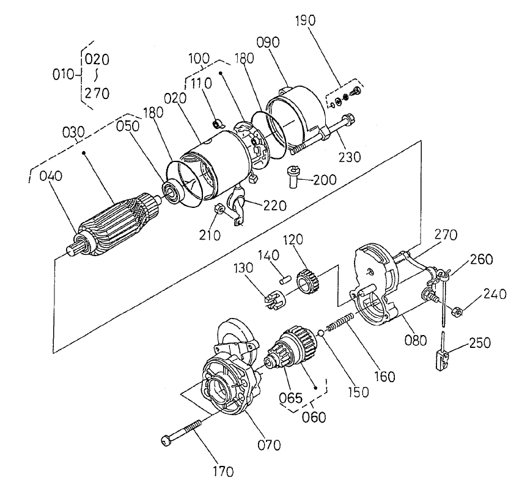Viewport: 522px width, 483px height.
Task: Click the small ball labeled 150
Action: (320, 334)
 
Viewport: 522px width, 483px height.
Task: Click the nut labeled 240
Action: (457, 313)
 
